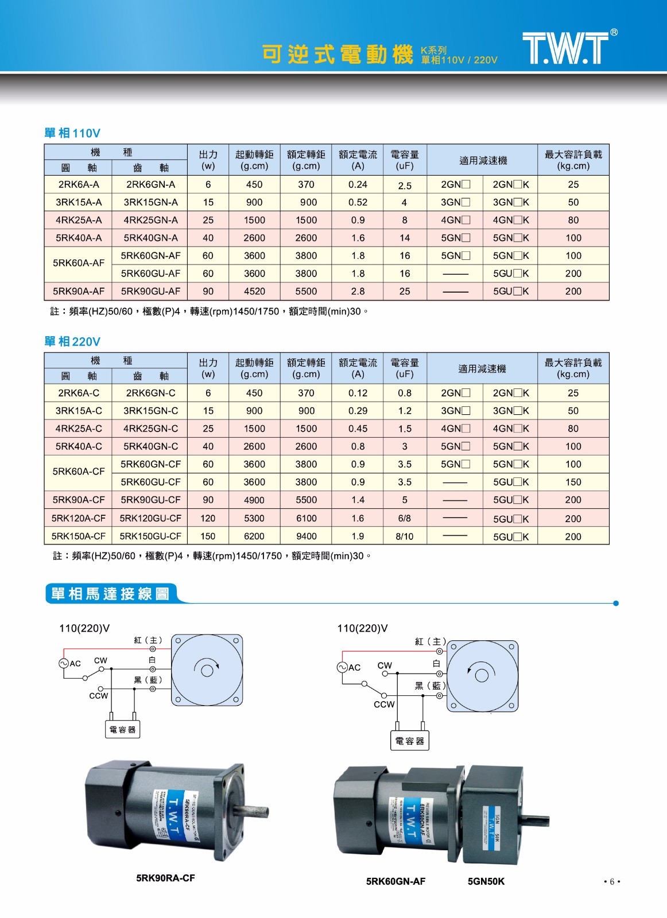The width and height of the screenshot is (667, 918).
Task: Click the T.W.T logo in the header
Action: pos(565,48)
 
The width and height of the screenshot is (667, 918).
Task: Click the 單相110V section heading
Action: pos(72,133)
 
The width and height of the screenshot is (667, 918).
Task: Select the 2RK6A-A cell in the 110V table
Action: pos(79,185)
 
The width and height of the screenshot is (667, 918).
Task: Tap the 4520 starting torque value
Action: pos(254,291)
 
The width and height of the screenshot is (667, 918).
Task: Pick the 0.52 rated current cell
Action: pos(358,203)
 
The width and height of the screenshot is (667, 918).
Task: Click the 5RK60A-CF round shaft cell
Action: pos(79,472)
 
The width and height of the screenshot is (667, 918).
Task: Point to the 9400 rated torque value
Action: pos(306,536)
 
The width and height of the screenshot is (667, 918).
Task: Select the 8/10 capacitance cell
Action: pos(404,536)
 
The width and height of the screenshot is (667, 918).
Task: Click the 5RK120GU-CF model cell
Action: pos(150,519)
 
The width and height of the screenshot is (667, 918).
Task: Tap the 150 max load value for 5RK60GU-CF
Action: pos(573,483)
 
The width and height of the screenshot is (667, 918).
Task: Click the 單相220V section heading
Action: pos(72,342)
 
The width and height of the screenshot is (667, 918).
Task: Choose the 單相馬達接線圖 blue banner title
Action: pos(110,594)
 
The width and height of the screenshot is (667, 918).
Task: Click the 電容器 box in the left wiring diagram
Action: pos(123,730)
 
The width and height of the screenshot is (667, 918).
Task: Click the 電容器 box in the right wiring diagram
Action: pos(409,741)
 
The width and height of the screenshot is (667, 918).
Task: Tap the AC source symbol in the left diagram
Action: pos(64,663)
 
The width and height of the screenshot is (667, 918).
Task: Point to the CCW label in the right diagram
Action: pos(384,705)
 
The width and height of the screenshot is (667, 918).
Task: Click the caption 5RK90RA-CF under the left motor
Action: pos(165,878)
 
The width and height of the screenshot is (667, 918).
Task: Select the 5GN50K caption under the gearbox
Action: pos(486,881)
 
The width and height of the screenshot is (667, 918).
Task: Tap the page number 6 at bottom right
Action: pos(612,882)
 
